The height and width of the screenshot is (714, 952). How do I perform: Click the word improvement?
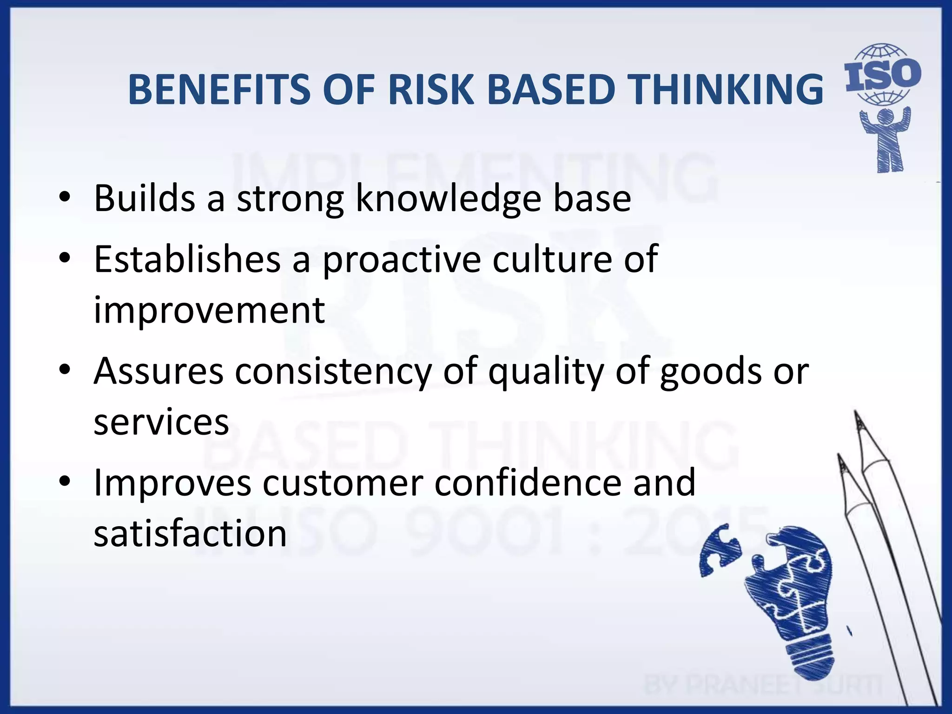209,310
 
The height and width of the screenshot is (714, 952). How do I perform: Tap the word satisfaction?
190,533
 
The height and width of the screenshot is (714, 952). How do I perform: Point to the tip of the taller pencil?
856,414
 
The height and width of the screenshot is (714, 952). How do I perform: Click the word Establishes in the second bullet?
187,259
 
